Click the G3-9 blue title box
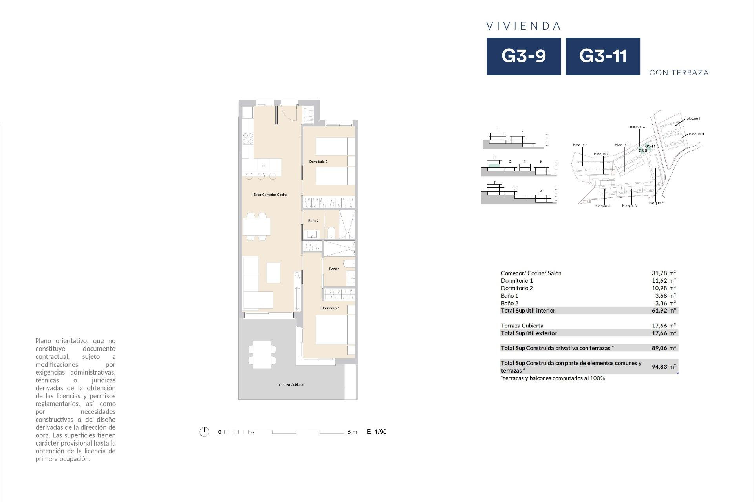(x=523, y=56)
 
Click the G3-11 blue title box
(x=602, y=56)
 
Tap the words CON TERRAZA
(x=679, y=73)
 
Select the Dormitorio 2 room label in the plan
(x=318, y=162)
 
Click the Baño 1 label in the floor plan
(x=334, y=269)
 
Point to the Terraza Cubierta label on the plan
(x=291, y=385)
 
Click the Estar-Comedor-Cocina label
(x=270, y=195)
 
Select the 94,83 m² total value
(x=664, y=367)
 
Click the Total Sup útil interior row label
(x=528, y=311)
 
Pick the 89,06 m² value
(x=664, y=348)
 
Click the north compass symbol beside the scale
(x=204, y=432)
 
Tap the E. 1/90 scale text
(x=376, y=432)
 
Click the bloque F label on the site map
(x=580, y=145)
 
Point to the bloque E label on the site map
(x=656, y=203)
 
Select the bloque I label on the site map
(x=693, y=118)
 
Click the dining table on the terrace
(x=262, y=354)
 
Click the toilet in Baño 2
(x=331, y=233)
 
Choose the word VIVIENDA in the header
(x=523, y=26)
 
